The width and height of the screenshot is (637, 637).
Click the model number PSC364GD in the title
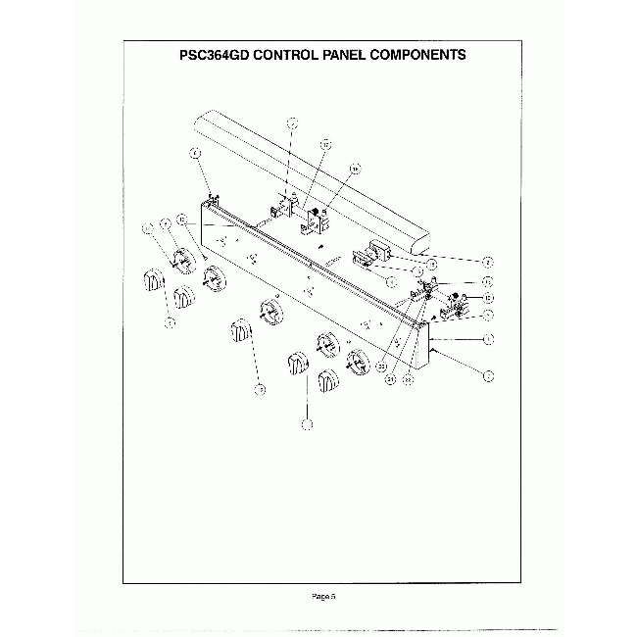tap(210, 55)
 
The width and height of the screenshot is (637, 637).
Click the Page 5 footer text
tap(323, 595)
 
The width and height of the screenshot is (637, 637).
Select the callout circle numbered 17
tap(291, 122)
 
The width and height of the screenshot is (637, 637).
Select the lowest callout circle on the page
tap(307, 424)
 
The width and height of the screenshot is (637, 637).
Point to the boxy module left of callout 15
tap(375, 255)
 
